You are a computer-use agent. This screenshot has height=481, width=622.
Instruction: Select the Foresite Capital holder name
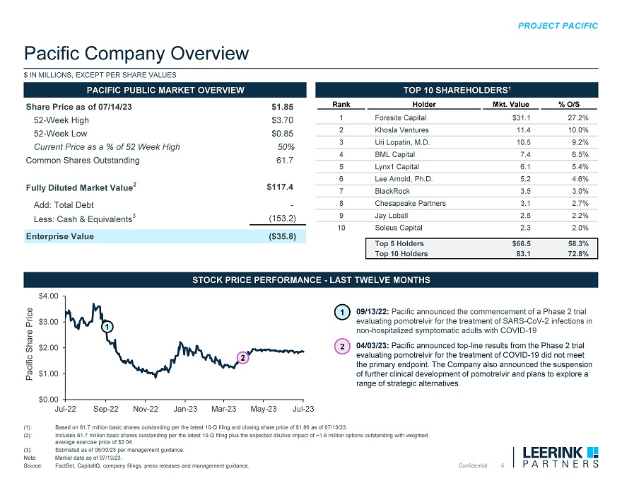tap(400, 117)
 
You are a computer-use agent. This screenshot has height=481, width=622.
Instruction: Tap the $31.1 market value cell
tap(521, 117)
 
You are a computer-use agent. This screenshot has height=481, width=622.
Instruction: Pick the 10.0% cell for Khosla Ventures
tap(578, 131)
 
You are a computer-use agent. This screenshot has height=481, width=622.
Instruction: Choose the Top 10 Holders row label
tap(401, 255)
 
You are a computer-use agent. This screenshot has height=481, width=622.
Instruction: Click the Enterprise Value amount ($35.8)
tap(278, 236)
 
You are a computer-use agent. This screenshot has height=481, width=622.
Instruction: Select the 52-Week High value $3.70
tap(283, 120)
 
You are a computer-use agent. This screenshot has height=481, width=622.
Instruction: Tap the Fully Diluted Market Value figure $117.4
tap(280, 187)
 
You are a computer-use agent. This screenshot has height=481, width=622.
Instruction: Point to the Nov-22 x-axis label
tap(145, 409)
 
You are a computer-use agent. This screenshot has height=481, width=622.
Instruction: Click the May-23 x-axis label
tap(264, 409)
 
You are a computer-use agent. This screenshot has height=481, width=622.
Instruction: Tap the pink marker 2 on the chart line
tap(242, 358)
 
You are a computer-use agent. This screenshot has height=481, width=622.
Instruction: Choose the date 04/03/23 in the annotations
tap(372, 346)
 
